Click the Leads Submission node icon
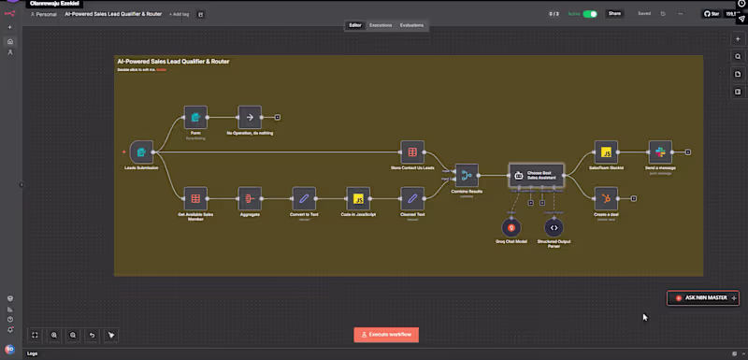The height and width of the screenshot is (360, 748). tap(141, 151)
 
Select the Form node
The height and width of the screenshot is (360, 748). tap(195, 117)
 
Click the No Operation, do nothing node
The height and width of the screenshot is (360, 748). tap(249, 117)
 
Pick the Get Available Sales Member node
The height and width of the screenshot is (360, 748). tap(195, 198)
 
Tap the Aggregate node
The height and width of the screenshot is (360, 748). tap(249, 198)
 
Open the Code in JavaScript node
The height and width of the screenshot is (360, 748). tap(356, 198)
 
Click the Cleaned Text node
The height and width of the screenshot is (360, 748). tap(411, 198)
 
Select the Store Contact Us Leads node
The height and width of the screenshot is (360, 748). tap(411, 151)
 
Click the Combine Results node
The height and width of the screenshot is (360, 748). tap(466, 174)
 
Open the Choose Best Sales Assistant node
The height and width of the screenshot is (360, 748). tap(536, 174)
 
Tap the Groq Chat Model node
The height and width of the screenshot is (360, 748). tap(511, 226)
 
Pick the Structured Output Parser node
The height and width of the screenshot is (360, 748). tap(554, 226)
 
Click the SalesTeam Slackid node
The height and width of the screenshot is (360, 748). tap(606, 151)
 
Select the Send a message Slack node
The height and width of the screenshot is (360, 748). tap(659, 151)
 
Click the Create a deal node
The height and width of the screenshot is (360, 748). tap(606, 198)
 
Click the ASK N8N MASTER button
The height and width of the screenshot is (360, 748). tap(703, 297)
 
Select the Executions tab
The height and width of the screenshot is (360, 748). tap(381, 25)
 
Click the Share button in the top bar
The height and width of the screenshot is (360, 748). tap(614, 14)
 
